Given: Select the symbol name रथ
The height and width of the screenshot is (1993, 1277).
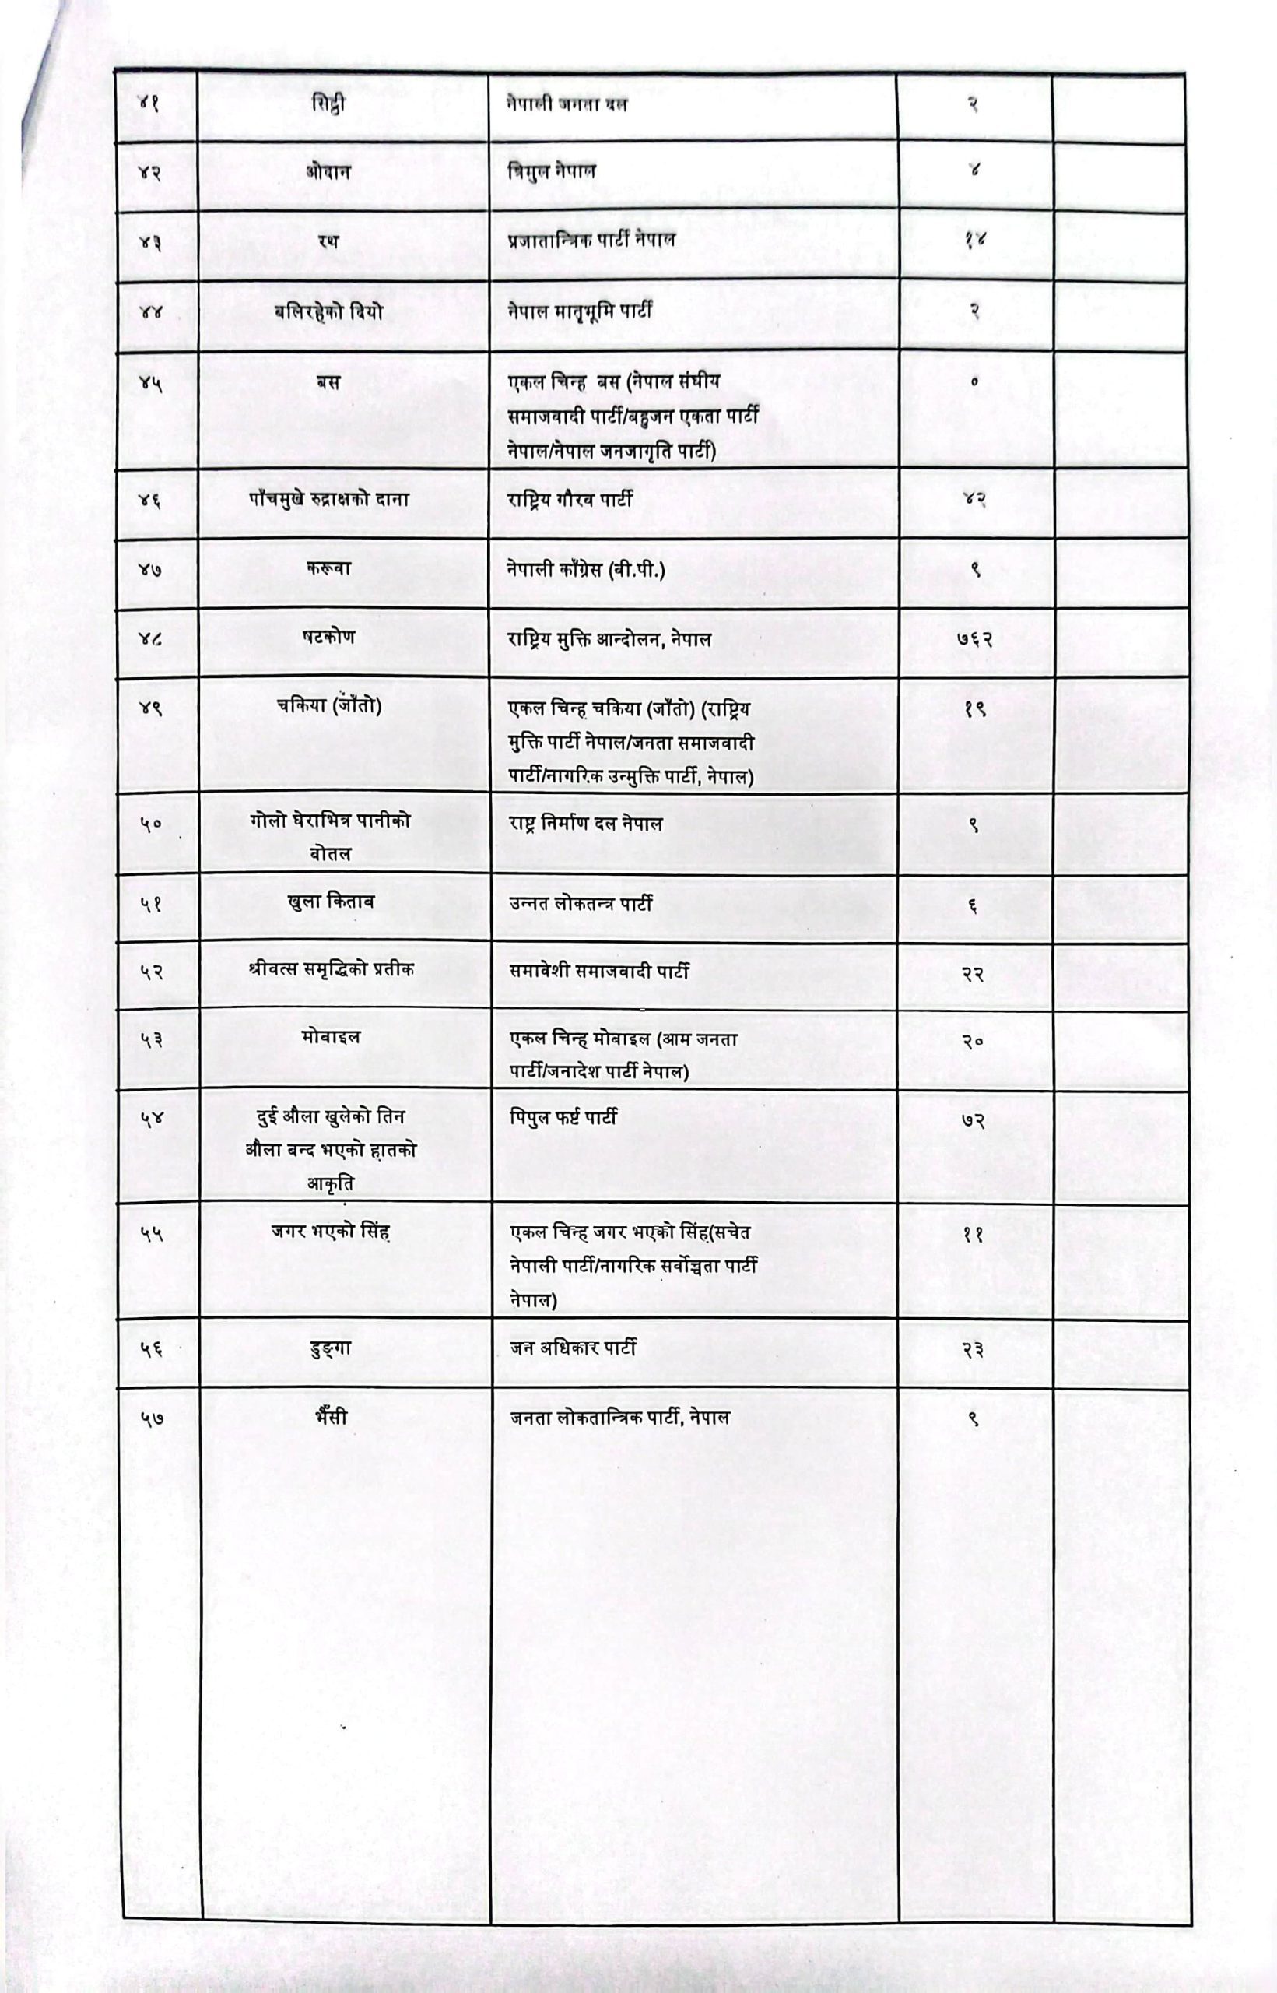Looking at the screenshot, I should pyautogui.click(x=328, y=241).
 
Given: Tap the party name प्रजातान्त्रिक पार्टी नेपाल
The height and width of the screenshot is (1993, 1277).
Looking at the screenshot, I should pyautogui.click(x=591, y=240).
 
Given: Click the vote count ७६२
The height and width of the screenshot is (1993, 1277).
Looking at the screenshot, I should pyautogui.click(x=974, y=638).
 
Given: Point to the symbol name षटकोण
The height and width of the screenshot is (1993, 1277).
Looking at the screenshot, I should pyautogui.click(x=328, y=636).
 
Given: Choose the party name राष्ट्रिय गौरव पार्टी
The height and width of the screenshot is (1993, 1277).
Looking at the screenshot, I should pyautogui.click(x=570, y=499).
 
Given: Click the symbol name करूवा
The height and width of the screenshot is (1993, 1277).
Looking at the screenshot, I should pyautogui.click(x=328, y=568).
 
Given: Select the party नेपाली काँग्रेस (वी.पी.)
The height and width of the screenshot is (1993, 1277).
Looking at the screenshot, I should pyautogui.click(x=586, y=570).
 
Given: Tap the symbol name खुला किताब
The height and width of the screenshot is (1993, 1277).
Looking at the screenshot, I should pyautogui.click(x=329, y=902).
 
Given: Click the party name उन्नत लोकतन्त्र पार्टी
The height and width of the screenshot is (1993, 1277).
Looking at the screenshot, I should pyautogui.click(x=581, y=903).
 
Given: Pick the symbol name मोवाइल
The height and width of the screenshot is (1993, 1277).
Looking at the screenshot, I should pyautogui.click(x=331, y=1037).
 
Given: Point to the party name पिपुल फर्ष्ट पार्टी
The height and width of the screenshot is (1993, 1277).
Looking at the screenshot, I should pyautogui.click(x=563, y=1117).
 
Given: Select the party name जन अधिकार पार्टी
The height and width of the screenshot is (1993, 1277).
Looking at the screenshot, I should pyautogui.click(x=573, y=1348).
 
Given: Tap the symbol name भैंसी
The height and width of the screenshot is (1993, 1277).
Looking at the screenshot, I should pyautogui.click(x=331, y=1418).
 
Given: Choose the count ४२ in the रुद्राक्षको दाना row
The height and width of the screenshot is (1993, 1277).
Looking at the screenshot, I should pyautogui.click(x=974, y=499).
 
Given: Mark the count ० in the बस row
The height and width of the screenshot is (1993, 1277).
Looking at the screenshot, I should pyautogui.click(x=974, y=382).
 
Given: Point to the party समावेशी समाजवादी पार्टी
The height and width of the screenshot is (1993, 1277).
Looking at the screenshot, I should pyautogui.click(x=598, y=972).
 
